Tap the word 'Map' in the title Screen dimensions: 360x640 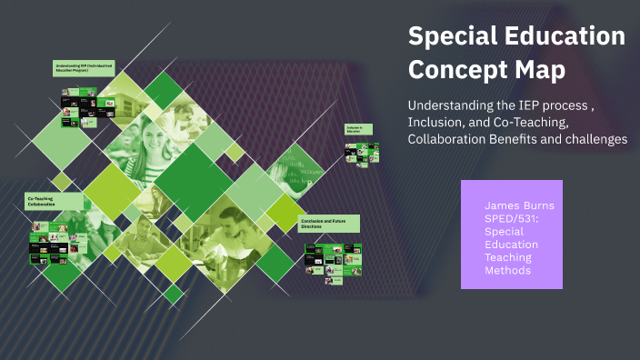coord(539,69)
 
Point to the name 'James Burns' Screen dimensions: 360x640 coord(519,206)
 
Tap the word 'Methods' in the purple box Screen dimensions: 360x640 coord(508,270)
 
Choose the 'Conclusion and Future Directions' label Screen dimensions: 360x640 coord(328,224)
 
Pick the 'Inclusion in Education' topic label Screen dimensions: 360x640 coord(355,130)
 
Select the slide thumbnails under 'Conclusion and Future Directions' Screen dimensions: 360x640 coord(333,260)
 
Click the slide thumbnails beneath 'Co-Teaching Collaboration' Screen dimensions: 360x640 coord(59,245)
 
